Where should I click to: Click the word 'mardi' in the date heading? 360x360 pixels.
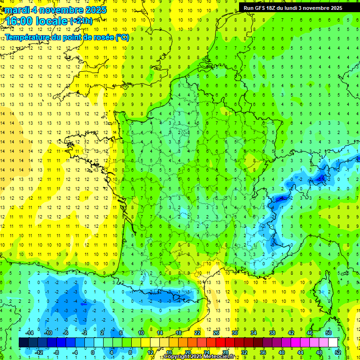15,10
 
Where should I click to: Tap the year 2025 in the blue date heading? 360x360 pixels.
94,10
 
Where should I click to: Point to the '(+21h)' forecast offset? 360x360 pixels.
81,21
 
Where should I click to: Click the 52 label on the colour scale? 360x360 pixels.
338,352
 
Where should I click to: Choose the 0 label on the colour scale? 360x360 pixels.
93,352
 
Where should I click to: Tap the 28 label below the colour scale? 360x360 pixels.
225,352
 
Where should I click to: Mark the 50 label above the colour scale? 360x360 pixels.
329,333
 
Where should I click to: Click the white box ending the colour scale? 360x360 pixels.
333,343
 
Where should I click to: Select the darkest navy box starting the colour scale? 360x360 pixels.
23,343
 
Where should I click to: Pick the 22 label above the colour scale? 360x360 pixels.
197,333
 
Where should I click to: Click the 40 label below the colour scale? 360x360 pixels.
282,352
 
